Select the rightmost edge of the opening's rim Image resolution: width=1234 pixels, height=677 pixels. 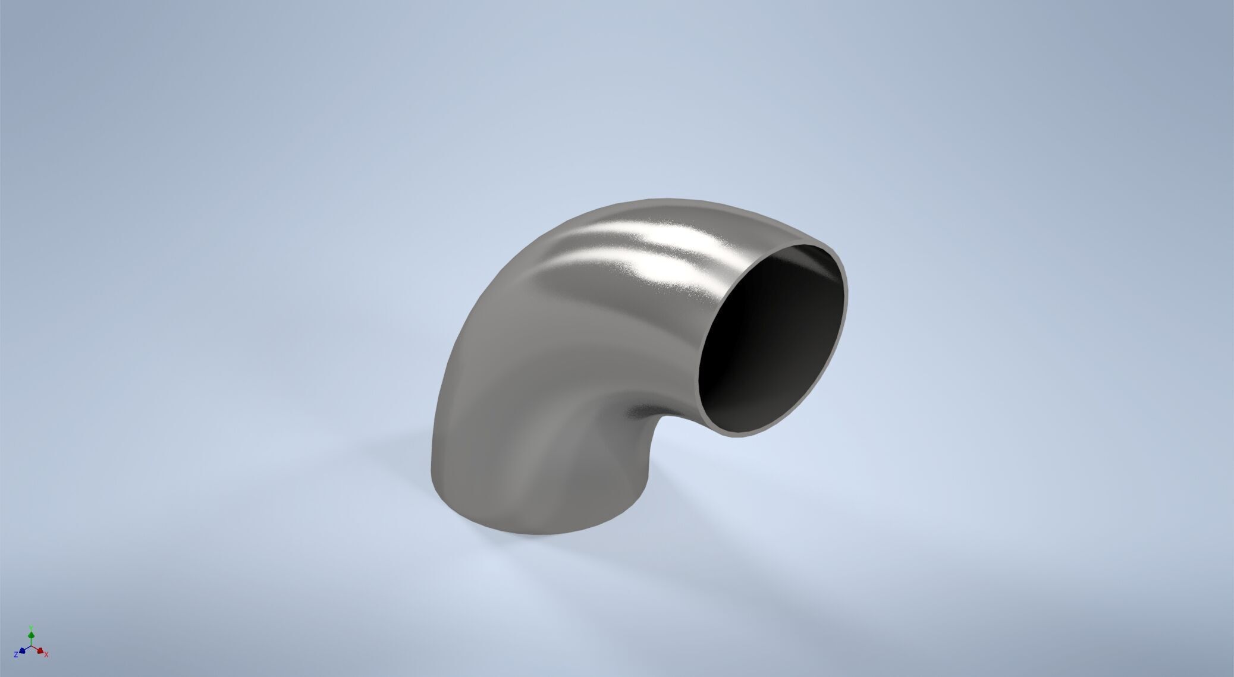[x=847, y=297]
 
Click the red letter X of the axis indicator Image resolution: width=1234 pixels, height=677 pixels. [x=46, y=654]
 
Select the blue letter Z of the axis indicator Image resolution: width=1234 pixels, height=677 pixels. [x=16, y=655]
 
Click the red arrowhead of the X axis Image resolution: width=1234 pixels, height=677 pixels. [x=40, y=651]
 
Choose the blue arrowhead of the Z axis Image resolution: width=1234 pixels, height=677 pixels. [x=22, y=651]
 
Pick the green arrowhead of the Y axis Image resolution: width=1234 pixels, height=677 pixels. [x=31, y=635]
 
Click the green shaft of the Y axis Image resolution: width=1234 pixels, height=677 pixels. [x=31, y=641]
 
